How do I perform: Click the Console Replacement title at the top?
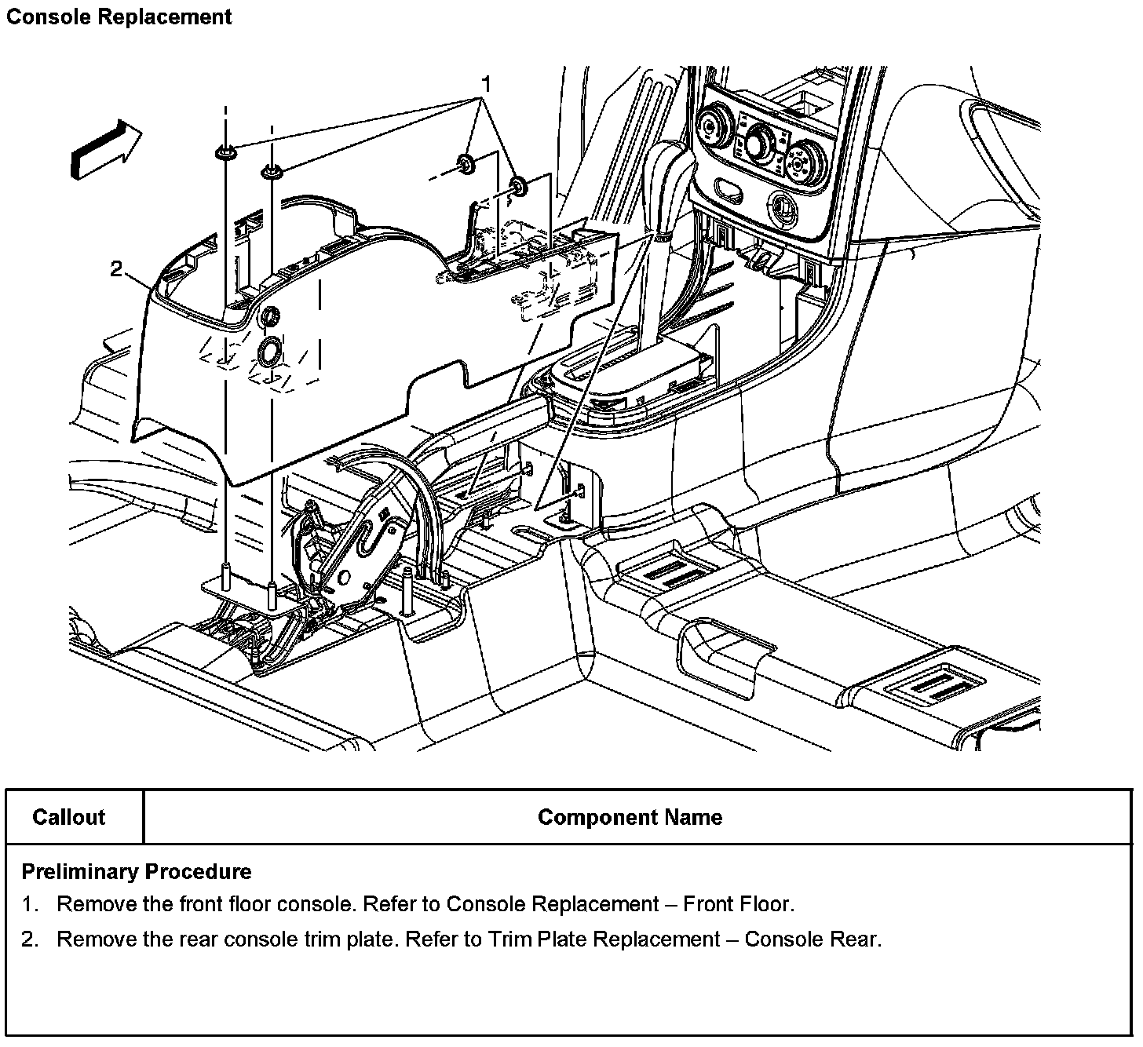tap(119, 16)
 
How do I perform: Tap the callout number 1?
tap(486, 83)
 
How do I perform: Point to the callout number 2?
tap(116, 269)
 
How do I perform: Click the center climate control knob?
tap(760, 144)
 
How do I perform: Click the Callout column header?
tap(69, 817)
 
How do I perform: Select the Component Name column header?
tap(630, 817)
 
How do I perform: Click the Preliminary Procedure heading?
tap(137, 871)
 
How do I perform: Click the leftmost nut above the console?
tap(225, 151)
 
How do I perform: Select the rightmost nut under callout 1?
tap(519, 186)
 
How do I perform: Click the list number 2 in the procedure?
tap(30, 939)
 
